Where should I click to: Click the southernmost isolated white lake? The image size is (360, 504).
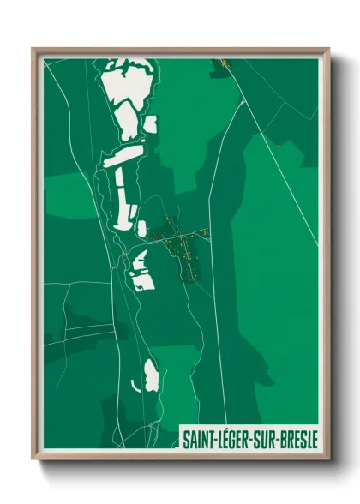(151, 374)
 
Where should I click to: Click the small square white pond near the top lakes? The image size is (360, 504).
(151, 124)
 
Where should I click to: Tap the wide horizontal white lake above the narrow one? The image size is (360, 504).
(123, 155)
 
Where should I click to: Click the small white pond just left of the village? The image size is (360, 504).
(142, 227)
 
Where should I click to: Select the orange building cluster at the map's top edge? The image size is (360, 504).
(224, 63)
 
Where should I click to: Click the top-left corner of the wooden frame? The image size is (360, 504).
(33, 49)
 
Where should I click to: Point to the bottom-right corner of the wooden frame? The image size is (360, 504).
(328, 459)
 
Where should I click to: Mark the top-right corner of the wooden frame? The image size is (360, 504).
(328, 49)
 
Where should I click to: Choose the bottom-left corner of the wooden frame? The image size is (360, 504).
(33, 459)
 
